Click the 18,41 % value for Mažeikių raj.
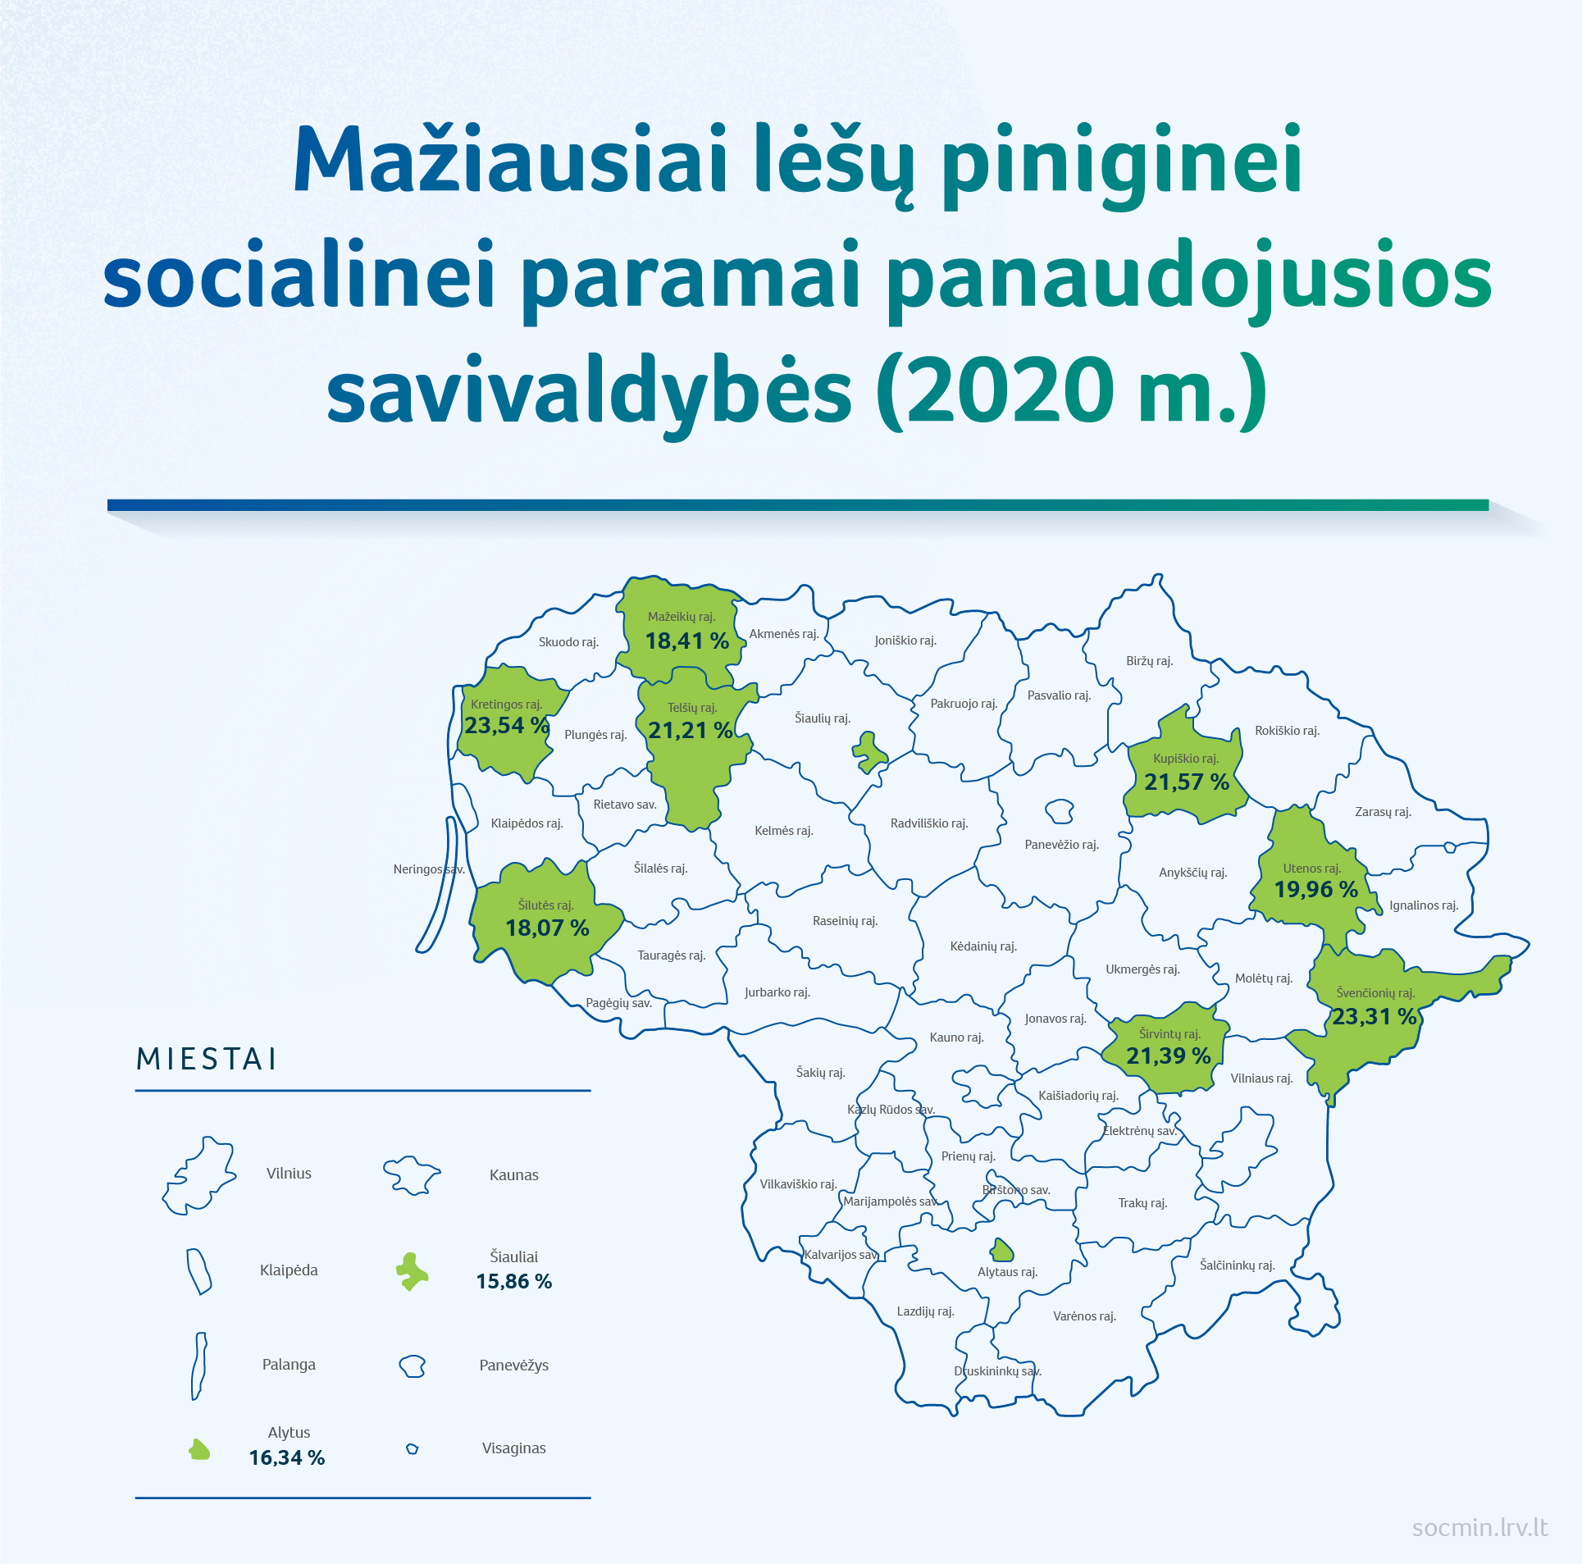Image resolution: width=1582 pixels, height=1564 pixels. [686, 641]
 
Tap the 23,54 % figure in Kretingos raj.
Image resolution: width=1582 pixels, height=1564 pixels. [507, 726]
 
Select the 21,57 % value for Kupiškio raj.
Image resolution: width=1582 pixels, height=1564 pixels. [1187, 782]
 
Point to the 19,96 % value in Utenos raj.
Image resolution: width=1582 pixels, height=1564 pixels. [1316, 890]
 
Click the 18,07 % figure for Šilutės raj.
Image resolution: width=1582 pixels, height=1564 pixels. [547, 928]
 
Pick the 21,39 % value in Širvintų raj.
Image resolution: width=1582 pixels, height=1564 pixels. [1169, 1056]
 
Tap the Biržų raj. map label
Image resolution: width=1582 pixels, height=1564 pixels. [1150, 661]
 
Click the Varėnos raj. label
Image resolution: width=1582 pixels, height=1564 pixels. [1085, 1316]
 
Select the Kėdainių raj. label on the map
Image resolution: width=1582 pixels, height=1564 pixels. [983, 946]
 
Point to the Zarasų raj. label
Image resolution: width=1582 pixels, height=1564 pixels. [1383, 812]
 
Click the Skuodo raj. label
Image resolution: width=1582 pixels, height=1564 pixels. [568, 642]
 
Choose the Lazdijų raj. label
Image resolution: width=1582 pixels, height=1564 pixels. [925, 1311]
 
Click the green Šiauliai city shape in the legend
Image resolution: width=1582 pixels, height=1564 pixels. [412, 1272]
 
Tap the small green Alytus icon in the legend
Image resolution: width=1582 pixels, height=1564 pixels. [199, 1451]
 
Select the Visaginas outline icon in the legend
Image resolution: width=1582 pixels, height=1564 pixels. [413, 1449]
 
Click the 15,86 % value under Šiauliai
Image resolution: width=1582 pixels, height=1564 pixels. [514, 1282]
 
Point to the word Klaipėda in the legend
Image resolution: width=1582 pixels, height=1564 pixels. [289, 1270]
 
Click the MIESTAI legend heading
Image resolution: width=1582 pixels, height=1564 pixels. [207, 1059]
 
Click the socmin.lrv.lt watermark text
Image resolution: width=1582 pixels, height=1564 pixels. [1479, 1528]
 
